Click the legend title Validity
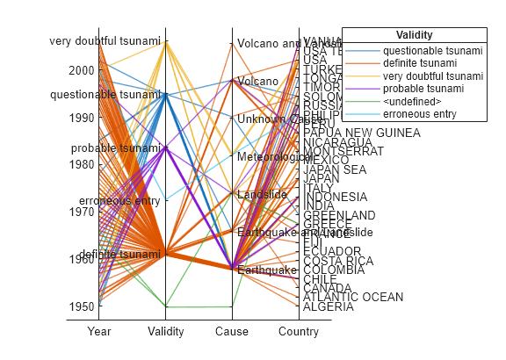(x=414, y=35)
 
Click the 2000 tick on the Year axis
(x=82, y=70)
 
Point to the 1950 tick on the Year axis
(x=82, y=306)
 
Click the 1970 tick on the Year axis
(x=82, y=212)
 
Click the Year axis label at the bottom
(x=99, y=332)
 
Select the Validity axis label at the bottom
(x=166, y=332)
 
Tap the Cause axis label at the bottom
(x=232, y=332)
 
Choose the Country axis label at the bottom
(x=298, y=332)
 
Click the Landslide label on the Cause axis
(x=262, y=194)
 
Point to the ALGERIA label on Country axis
(x=329, y=306)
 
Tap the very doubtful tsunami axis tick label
(x=105, y=41)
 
